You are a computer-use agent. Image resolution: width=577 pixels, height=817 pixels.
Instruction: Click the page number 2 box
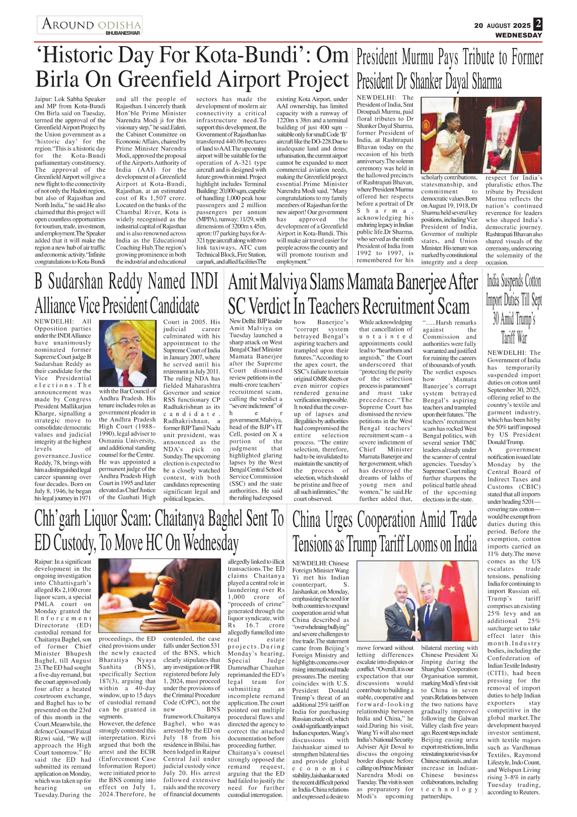click(x=538, y=24)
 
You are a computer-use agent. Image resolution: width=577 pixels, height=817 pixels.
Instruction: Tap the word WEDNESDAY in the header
click(x=518, y=35)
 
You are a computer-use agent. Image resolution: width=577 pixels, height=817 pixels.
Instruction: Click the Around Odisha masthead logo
click(x=90, y=25)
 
